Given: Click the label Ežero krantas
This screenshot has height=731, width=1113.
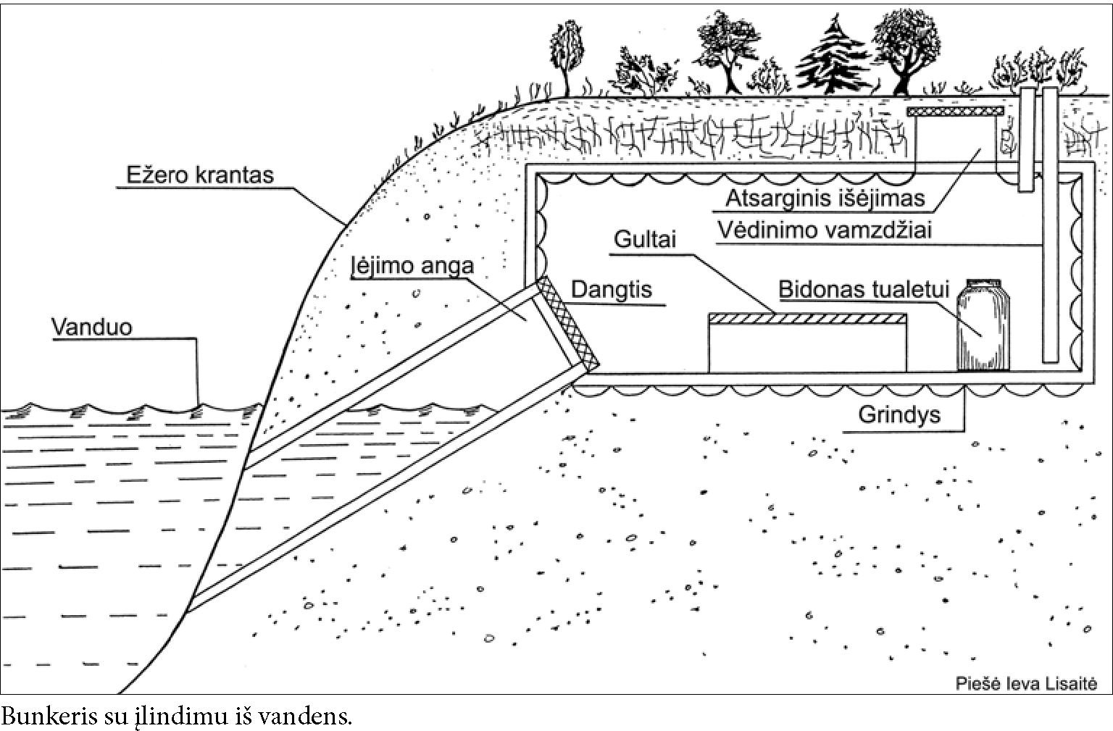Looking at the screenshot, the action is tap(200, 175).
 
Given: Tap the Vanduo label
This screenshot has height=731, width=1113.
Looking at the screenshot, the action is tap(92, 327).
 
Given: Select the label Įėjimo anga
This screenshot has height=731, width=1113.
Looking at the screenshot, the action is tap(412, 265).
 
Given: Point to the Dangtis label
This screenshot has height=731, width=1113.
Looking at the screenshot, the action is tap(611, 290).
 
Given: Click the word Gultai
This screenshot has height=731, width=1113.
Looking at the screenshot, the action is tap(645, 239).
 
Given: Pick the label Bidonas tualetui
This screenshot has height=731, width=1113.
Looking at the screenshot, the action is tap(864, 289).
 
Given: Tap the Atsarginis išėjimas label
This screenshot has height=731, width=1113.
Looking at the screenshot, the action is tap(825, 198).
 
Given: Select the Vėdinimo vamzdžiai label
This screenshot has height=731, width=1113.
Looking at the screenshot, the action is tap(825, 230).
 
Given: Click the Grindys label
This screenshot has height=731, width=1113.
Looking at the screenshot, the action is tap(899, 414).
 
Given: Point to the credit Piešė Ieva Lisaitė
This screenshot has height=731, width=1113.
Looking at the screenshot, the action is tap(1027, 684).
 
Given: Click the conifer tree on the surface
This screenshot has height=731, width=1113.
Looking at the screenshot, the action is tap(833, 56).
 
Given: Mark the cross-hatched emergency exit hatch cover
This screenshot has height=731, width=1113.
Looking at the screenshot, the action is tap(955, 112).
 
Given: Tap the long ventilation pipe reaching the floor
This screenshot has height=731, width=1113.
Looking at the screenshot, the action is tap(1050, 225).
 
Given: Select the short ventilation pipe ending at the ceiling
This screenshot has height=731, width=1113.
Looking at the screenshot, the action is tap(1026, 140).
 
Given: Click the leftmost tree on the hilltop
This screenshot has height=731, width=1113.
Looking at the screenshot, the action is tap(567, 57).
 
